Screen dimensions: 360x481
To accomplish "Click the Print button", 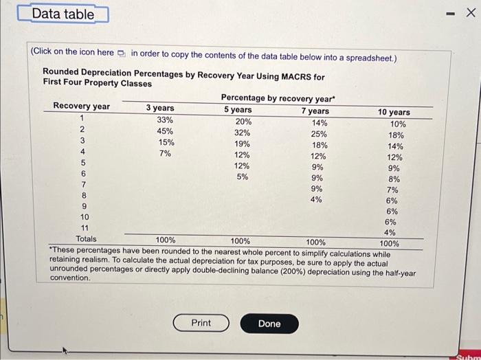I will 201,323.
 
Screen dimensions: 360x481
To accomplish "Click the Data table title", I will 63,13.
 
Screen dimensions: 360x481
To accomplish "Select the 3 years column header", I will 159,108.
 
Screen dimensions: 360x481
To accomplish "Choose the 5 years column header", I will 238,109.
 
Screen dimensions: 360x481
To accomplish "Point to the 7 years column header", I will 315,111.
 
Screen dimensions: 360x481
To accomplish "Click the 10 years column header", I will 394,112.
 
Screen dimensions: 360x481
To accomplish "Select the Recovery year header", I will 81,106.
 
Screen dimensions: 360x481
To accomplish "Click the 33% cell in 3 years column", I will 165,119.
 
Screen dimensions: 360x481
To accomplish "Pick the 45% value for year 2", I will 165,131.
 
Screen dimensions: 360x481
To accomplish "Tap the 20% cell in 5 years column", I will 243,121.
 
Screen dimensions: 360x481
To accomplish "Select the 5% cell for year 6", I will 243,177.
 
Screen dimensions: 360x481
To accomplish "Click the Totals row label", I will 86,238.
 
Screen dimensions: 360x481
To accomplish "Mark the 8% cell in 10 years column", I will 393,179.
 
